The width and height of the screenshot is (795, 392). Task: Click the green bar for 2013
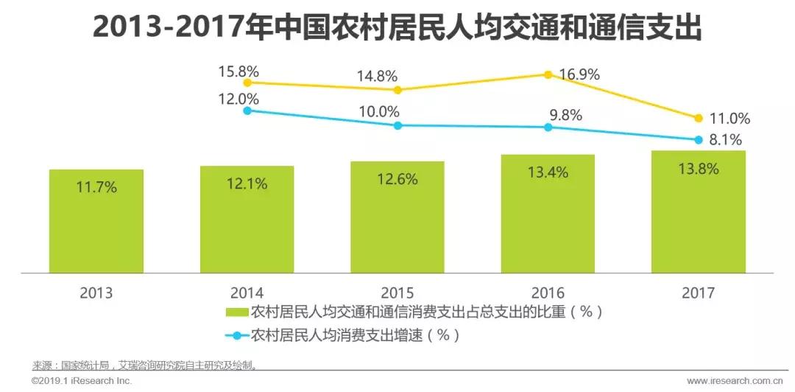click(96, 220)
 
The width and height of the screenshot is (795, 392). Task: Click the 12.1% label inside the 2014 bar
click(247, 183)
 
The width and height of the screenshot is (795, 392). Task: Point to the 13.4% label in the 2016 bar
click(548, 172)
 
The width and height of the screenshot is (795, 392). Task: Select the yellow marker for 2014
click(247, 83)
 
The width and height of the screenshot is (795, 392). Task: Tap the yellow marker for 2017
click(699, 118)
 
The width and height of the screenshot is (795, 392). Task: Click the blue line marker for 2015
click(397, 125)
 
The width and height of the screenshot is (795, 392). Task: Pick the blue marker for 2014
click(247, 111)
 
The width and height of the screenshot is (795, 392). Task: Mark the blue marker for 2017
click(699, 139)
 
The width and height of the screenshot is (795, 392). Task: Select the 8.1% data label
click(726, 140)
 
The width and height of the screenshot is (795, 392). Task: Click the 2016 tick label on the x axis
click(548, 293)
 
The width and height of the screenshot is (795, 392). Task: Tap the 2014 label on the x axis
click(247, 293)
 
